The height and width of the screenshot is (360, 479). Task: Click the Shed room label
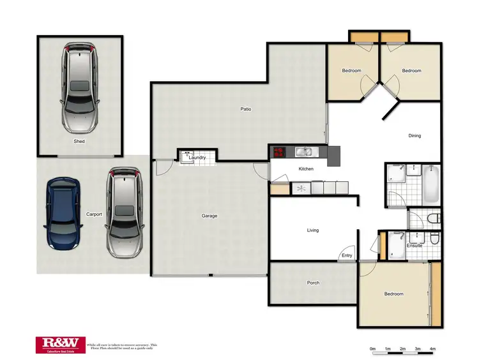(79, 141)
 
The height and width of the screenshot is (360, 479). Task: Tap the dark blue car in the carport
(63, 213)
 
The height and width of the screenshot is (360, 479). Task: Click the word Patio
(245, 109)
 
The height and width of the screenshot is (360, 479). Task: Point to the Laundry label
(197, 157)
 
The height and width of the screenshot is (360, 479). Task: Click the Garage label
(209, 216)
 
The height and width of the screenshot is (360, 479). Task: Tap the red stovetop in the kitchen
(280, 152)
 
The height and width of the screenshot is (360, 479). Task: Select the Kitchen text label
(306, 169)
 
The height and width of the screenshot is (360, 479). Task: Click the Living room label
(312, 230)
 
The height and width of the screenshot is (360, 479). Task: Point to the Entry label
(347, 255)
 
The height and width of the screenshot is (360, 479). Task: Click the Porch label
(313, 283)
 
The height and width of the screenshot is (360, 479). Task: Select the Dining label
(415, 135)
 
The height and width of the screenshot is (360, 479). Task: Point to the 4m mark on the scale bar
(432, 349)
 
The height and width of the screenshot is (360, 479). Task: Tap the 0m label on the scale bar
(372, 349)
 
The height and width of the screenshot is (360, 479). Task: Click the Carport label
(94, 214)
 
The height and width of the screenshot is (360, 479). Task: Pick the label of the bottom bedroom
(393, 294)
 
